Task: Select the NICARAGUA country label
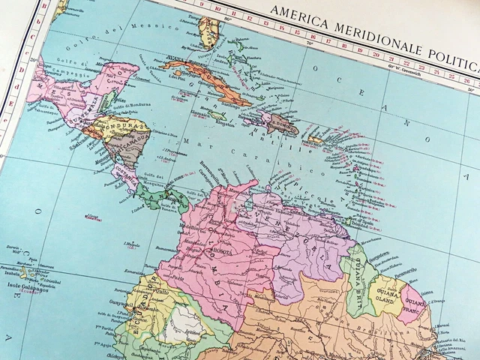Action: [x=130, y=138]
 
